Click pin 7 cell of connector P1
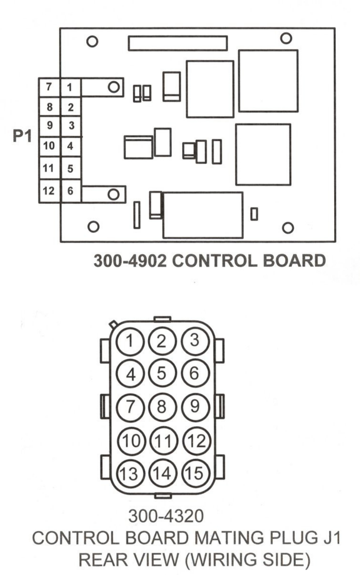(x=49, y=87)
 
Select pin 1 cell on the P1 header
(x=70, y=87)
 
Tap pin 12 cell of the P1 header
(x=49, y=191)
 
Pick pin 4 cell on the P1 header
(x=70, y=147)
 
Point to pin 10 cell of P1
(x=49, y=146)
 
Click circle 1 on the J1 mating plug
(x=130, y=342)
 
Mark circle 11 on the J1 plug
(x=162, y=441)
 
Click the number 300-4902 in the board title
(x=130, y=261)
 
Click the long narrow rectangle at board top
(x=177, y=43)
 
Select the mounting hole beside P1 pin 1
(x=113, y=86)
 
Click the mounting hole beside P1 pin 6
(x=113, y=194)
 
